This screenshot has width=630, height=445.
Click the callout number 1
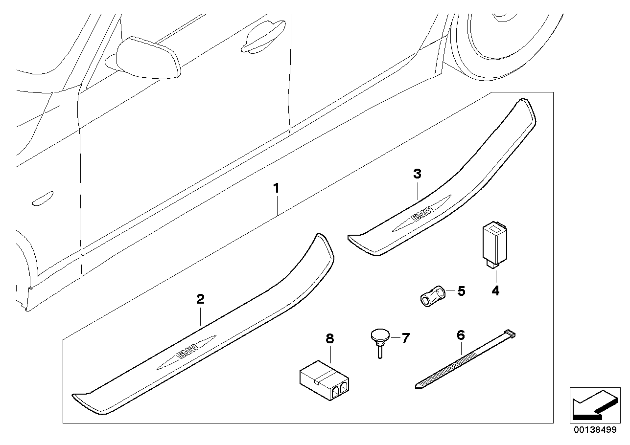277,188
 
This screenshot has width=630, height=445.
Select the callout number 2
200,299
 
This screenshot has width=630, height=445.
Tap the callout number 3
417,174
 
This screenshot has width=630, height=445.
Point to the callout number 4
495,291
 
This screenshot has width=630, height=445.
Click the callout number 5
461,291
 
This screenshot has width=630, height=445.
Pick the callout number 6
460,335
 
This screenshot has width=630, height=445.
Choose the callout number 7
405,337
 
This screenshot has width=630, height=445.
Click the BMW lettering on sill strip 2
187,351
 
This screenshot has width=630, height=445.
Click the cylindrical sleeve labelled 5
432,296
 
